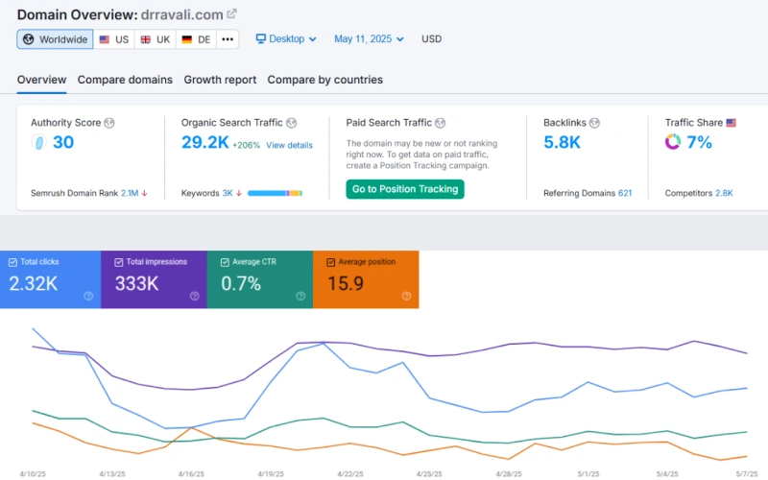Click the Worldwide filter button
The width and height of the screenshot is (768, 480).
click(55, 39)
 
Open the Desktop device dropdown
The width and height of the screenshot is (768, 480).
click(286, 39)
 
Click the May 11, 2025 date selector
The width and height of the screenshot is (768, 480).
click(369, 39)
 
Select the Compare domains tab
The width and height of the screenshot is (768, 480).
click(125, 80)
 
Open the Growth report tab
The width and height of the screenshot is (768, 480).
click(220, 80)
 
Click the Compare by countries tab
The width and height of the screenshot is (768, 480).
click(324, 80)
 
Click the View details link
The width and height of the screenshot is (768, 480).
click(289, 145)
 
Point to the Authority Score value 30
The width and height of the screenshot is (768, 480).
click(62, 143)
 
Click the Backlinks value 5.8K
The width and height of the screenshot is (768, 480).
click(562, 143)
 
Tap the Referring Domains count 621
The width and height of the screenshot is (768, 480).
click(625, 193)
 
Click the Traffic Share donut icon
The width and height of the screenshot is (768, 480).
click(673, 142)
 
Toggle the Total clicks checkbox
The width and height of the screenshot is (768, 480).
click(12, 262)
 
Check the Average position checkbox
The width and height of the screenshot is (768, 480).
click(331, 262)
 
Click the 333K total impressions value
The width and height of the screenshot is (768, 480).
click(137, 283)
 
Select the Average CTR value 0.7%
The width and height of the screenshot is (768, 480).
click(242, 283)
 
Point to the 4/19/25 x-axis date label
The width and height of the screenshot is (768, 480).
click(270, 473)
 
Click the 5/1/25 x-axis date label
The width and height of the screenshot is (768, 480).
click(587, 473)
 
